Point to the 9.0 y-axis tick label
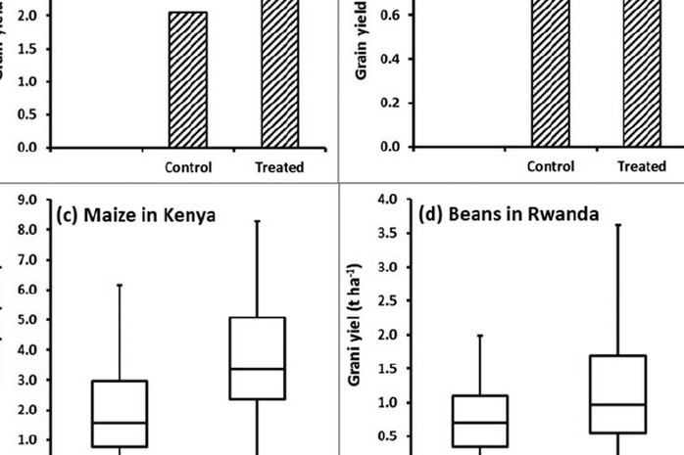[x=27, y=201]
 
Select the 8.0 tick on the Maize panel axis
[x=27, y=230]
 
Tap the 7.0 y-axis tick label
[x=27, y=260]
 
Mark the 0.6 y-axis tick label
[x=389, y=15]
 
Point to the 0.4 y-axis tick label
[x=389, y=59]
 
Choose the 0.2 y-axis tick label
[x=389, y=103]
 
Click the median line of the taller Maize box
[x=257, y=369]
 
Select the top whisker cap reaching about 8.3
[x=257, y=221]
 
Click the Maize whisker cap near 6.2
[x=120, y=285]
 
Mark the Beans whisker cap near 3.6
[x=617, y=225]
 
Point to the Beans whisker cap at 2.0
[x=480, y=335]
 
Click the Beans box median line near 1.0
[x=617, y=404]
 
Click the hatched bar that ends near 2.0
[x=188, y=79]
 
